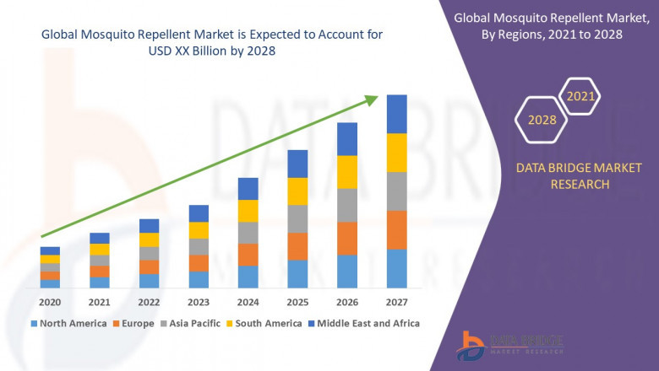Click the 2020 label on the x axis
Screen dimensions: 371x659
coord(50,301)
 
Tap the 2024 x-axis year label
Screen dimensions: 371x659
coord(248,301)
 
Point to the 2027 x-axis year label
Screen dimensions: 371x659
coord(396,301)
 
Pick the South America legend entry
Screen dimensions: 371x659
coord(265,323)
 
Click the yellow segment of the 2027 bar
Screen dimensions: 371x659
coord(396,153)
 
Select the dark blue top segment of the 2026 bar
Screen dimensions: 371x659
coord(346,139)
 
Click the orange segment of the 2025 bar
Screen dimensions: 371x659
coord(297,246)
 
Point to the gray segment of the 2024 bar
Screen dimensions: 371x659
coord(248,233)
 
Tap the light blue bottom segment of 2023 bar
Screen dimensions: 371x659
coord(198,280)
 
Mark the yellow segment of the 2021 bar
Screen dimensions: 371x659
coord(100,249)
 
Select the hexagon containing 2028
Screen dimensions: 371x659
coord(542,120)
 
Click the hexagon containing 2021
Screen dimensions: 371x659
coord(580,97)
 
